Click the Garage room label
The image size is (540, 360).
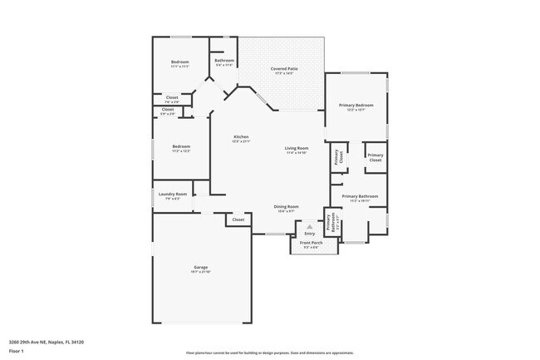tap(200, 267)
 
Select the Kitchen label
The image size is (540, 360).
tap(241, 136)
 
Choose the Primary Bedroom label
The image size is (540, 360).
tap(356, 106)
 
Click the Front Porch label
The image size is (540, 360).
tap(311, 243)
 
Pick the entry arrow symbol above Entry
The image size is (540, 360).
tap(310, 225)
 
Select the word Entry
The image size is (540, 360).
tap(310, 233)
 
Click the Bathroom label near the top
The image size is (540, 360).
tap(223, 61)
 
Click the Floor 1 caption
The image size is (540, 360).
tap(17, 352)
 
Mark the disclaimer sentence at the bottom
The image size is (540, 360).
tap(269, 352)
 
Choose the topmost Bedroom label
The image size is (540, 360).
tap(180, 62)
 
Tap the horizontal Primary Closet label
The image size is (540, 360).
tap(376, 156)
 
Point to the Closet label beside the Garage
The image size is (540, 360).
tap(238, 219)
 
